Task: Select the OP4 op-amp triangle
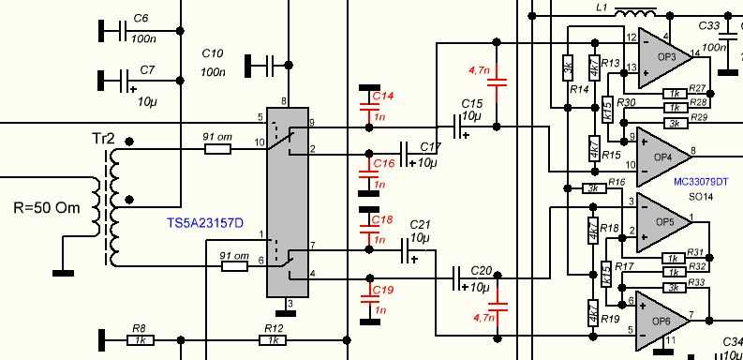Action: [x=661, y=150]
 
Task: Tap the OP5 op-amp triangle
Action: [x=661, y=222]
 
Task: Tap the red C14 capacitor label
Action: [x=382, y=97]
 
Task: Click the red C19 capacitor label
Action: [x=382, y=291]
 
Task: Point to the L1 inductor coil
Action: [x=639, y=14]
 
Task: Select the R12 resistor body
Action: [x=273, y=339]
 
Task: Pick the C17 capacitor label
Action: [x=430, y=147]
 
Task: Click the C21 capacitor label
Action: [x=420, y=225]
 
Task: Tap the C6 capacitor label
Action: [x=141, y=19]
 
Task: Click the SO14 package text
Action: [x=702, y=198]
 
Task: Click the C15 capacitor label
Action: [x=470, y=103]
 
